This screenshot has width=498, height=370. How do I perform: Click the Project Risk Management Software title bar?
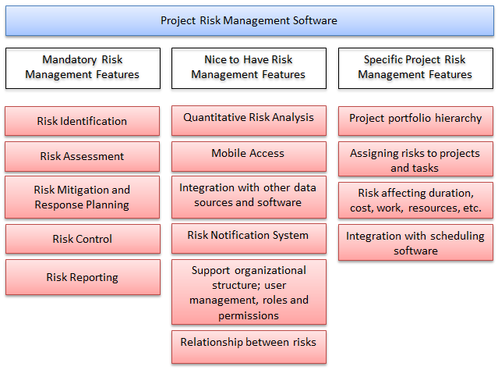click(x=249, y=21)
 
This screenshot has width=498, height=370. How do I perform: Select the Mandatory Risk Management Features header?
click(x=83, y=68)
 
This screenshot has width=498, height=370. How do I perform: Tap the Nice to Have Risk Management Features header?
click(x=249, y=68)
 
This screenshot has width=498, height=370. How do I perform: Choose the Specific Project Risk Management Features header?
click(x=415, y=68)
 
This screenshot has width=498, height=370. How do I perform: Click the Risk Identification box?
click(x=83, y=121)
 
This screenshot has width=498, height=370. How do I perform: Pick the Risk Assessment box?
click(x=83, y=156)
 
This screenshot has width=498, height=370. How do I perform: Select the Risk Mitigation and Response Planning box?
click(x=83, y=197)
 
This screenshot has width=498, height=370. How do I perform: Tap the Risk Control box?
click(x=83, y=240)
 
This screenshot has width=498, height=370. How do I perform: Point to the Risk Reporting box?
click(x=83, y=277)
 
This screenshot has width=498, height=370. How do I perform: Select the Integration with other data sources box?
click(x=249, y=195)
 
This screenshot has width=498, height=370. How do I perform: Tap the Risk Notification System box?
click(x=249, y=237)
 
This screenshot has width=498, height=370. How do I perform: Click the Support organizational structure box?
click(x=249, y=292)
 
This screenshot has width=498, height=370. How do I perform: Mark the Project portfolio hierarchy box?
click(x=415, y=119)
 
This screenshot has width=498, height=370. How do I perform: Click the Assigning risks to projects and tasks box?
click(x=415, y=161)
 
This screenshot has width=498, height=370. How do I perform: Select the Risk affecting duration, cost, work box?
click(x=415, y=200)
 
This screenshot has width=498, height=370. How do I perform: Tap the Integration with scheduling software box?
click(x=415, y=243)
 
